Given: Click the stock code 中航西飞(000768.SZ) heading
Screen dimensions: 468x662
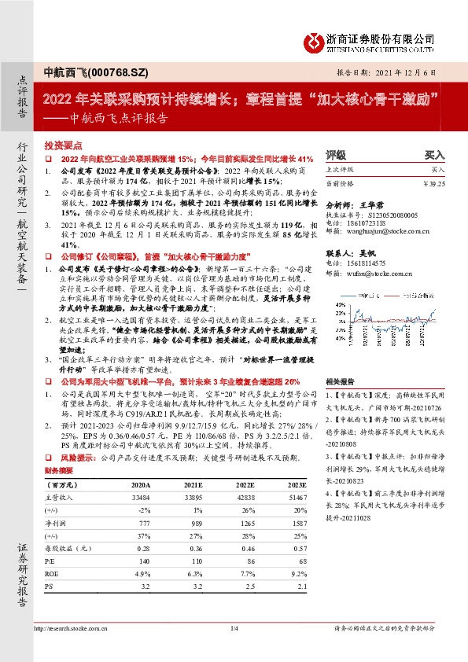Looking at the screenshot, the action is [x=81, y=72].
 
